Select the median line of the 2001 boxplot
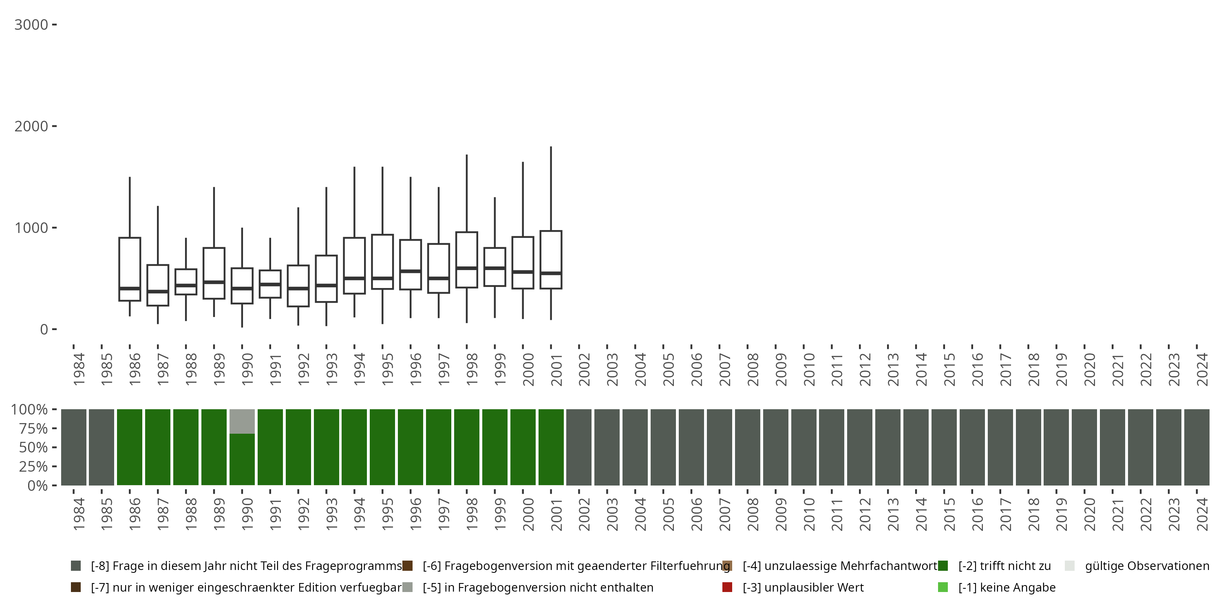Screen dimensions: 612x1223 click(551, 273)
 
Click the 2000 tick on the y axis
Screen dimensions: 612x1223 click(54, 126)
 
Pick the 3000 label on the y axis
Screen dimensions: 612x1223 click(31, 25)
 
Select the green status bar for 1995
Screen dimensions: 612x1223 click(382, 447)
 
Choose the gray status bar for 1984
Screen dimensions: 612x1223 click(74, 447)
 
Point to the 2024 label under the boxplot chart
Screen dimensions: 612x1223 click(1202, 369)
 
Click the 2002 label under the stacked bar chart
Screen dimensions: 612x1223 click(584, 514)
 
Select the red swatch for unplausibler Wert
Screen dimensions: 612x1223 click(727, 587)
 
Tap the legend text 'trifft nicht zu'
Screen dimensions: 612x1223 click(1004, 566)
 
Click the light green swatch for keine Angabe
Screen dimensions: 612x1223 click(943, 587)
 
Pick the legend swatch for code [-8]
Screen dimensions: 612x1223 click(76, 566)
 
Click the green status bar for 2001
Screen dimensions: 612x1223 click(551, 447)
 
